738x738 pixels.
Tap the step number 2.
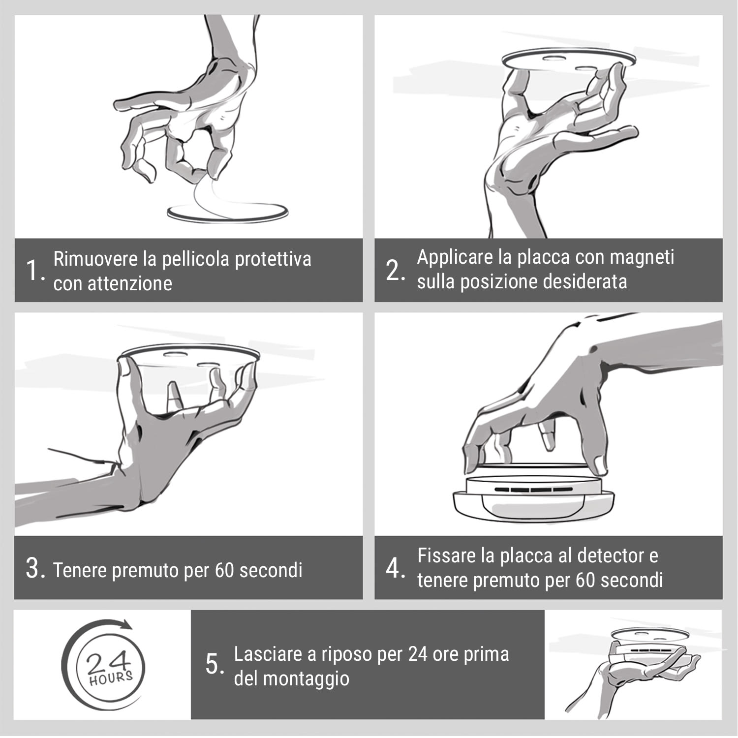394,270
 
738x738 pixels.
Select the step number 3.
34,568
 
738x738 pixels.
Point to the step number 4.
394,568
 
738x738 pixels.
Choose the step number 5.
214,664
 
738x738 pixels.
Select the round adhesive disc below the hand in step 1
227,213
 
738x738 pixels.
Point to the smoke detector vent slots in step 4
531,490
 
